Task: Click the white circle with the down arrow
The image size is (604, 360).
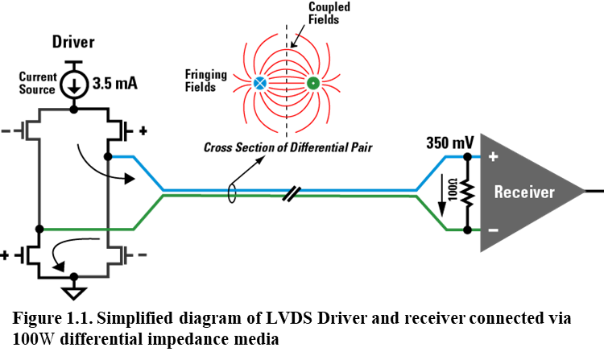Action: pos(74,85)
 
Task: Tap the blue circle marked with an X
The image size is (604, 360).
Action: pos(259,83)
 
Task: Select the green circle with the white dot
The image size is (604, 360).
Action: pos(312,83)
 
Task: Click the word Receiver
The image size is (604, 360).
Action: pos(524,192)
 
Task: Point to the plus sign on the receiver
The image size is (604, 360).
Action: pos(493,156)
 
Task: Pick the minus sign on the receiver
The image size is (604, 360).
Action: pos(493,230)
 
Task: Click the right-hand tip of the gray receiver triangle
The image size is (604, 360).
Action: pos(583,192)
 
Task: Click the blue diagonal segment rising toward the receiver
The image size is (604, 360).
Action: pos(431,173)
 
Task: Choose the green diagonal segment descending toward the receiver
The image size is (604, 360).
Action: pos(431,213)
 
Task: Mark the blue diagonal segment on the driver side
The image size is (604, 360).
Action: pos(148,173)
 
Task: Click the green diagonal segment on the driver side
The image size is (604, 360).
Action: pos(148,213)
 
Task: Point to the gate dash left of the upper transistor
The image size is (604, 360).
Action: pos(6,130)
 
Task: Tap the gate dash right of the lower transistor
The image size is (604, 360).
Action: pos(143,254)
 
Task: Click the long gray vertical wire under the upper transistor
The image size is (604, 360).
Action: pos(39,181)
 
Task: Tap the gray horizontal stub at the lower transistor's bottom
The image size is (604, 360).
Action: pos(93,276)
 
